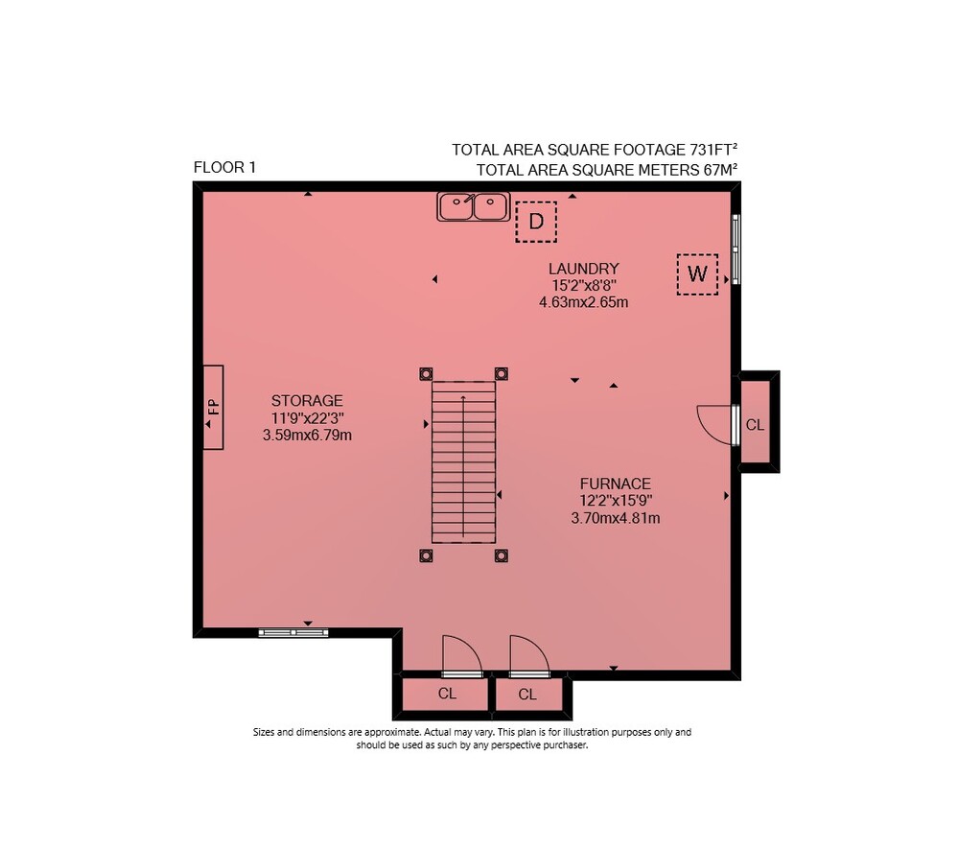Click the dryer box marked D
[536, 222]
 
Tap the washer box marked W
[697, 274]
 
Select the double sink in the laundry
[473, 206]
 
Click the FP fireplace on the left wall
[213, 407]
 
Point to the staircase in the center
[463, 462]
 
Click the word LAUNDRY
[583, 269]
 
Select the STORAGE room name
[307, 401]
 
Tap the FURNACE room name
[616, 484]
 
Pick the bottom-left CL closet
[447, 694]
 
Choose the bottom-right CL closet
[527, 694]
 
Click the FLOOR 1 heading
[224, 167]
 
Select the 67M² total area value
[720, 170]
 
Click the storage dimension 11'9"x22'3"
[308, 418]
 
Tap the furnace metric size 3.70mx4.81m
[616, 518]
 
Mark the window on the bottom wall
[293, 633]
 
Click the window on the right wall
[737, 249]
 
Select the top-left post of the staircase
[426, 374]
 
